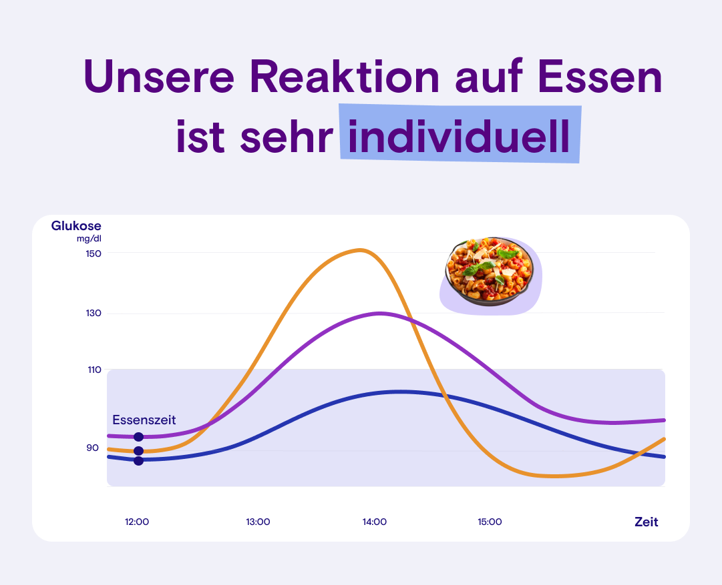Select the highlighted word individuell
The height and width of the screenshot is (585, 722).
(460, 136)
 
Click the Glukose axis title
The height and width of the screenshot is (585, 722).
(76, 226)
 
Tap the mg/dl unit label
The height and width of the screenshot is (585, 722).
(88, 239)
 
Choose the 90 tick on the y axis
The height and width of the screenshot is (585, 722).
(92, 448)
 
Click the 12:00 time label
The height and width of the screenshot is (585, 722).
(137, 522)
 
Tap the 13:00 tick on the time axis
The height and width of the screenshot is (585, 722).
(258, 522)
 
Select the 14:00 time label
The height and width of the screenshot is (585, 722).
(375, 522)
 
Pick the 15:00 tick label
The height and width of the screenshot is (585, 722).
(490, 522)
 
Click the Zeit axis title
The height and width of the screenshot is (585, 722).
(646, 522)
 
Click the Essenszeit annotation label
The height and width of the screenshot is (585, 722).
(144, 420)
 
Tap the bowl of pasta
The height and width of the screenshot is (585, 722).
(490, 272)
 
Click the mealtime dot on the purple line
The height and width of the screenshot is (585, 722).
(138, 437)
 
